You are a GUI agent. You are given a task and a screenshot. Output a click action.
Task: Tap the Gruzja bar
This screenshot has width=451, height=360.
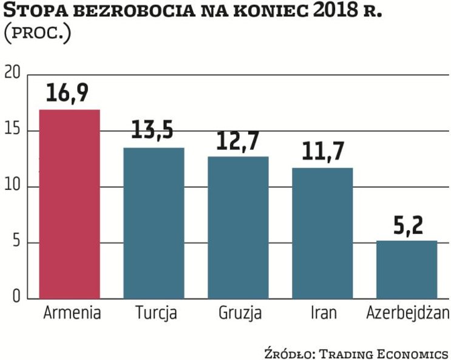coord(238,227)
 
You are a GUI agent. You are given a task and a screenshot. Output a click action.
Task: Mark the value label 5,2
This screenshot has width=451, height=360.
coord(407,226)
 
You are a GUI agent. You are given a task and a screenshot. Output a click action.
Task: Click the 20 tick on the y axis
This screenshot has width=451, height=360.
coord(13,74)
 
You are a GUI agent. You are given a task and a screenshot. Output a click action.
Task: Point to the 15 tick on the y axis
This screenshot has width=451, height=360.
coord(13,131)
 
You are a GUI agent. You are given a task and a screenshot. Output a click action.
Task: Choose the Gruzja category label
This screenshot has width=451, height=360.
coord(239,314)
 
